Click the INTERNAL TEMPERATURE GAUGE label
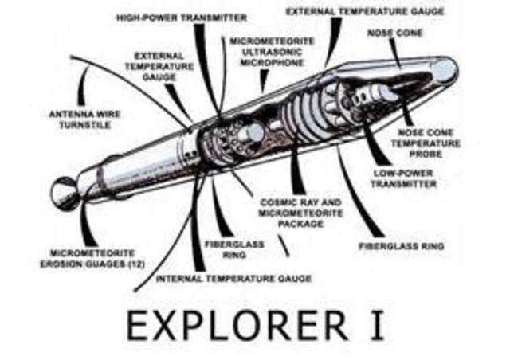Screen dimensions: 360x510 pos(233,279)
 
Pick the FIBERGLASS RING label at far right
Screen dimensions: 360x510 pos(401,246)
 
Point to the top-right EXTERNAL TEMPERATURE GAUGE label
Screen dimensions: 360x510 pos(365,12)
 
